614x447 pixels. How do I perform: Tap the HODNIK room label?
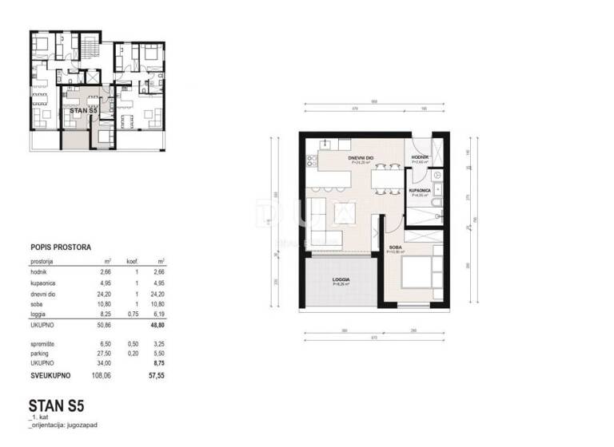tap(420, 158)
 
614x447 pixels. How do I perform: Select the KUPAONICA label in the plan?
tap(420, 192)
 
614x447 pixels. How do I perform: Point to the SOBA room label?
tap(395, 249)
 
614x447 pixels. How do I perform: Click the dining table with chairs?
tap(386, 178)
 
